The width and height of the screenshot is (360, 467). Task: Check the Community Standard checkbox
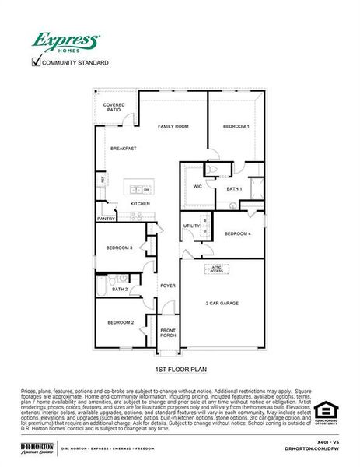35,62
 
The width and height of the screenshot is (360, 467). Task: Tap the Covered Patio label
114,107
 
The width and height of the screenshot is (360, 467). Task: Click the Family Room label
173,126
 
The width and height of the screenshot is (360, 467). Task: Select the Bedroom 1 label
236,126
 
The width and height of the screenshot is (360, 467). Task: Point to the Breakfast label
123,148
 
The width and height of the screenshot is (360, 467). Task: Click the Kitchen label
140,204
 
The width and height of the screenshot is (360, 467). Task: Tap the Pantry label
107,219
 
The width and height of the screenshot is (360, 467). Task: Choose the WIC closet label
197,187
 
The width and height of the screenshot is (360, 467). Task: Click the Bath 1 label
234,189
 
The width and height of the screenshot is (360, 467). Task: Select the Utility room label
191,226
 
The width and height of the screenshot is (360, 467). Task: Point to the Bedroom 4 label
237,233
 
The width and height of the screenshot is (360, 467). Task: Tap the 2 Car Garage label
222,303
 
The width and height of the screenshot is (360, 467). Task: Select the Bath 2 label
120,289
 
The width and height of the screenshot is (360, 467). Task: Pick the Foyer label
168,286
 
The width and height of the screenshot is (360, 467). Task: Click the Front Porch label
168,332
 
